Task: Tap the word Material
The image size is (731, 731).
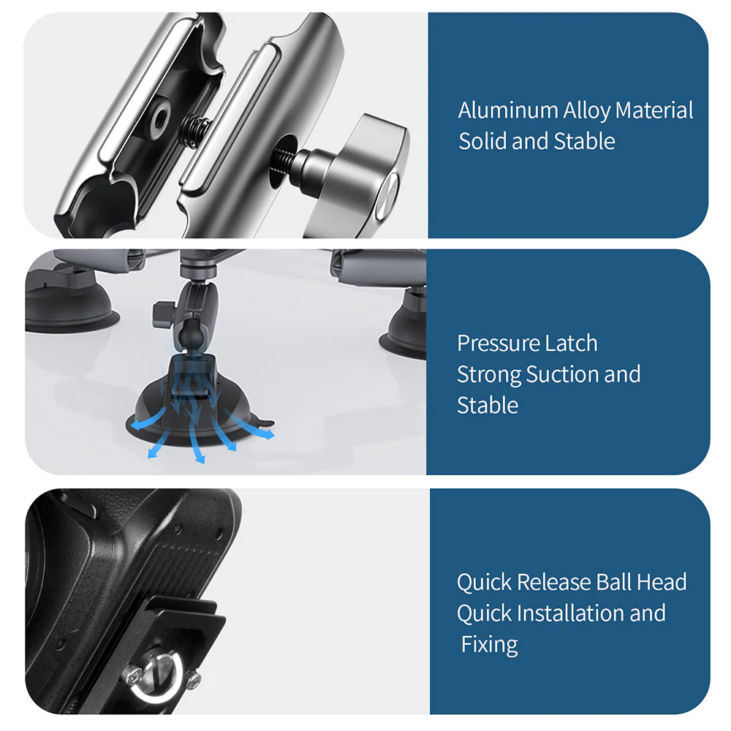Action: point(654,111)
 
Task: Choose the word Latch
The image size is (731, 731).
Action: point(574,344)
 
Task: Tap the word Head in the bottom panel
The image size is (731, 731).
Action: point(662,583)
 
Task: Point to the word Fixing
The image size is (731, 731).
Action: point(490,645)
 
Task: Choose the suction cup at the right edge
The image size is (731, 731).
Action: point(406,329)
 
